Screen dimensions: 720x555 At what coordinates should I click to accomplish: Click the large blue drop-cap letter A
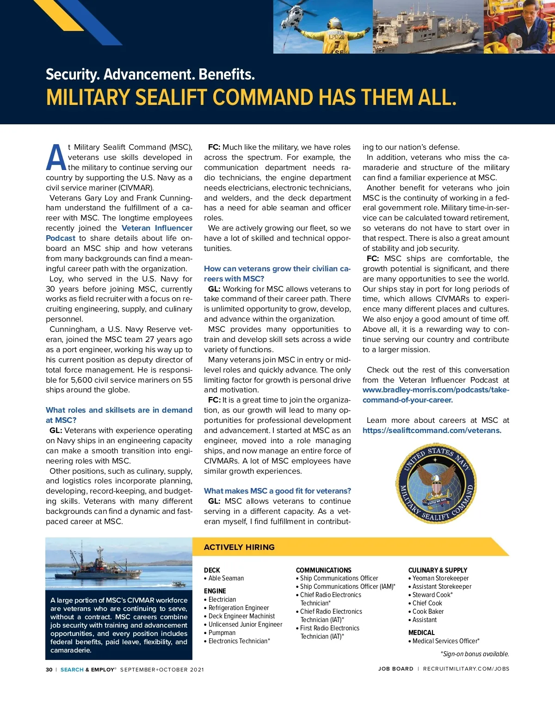click(x=56, y=158)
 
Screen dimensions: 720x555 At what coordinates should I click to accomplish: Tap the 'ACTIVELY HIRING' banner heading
click(x=239, y=547)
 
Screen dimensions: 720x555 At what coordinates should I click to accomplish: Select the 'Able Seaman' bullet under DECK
click(x=226, y=578)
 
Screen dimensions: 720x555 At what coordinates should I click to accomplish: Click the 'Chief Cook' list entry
click(x=427, y=603)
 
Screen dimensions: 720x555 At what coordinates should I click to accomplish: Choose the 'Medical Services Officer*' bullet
click(x=445, y=641)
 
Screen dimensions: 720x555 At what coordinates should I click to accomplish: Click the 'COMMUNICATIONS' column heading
click(x=323, y=570)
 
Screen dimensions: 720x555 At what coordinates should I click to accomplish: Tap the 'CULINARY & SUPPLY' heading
click(x=438, y=570)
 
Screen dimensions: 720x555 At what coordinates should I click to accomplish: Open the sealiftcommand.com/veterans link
click(x=432, y=430)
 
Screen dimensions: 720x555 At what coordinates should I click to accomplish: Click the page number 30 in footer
click(x=49, y=670)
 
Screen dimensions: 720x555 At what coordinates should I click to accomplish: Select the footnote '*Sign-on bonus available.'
click(x=475, y=654)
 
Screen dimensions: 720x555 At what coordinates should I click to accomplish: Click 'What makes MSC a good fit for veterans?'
click(x=277, y=491)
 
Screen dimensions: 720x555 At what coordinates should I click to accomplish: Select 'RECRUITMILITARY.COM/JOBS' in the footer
click(x=466, y=669)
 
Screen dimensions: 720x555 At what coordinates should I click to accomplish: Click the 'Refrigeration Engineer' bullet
click(x=238, y=608)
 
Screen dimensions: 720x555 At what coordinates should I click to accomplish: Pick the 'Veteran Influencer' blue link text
click(x=157, y=228)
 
